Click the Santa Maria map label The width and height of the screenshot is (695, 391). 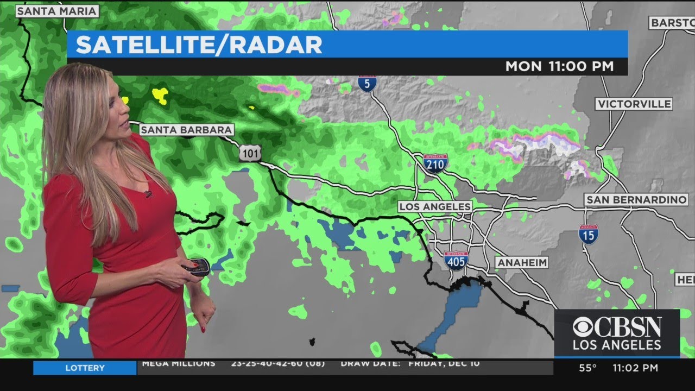tap(57, 10)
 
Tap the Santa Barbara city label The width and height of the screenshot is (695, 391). tap(187, 130)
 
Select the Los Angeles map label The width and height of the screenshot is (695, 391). tap(434, 207)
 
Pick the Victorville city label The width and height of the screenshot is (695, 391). tap(634, 104)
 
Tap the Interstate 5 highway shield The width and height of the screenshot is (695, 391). tap(367, 84)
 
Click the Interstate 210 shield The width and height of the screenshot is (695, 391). tap(435, 163)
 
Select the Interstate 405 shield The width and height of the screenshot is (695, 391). tap(456, 261)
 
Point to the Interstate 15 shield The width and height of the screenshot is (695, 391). tap(589, 234)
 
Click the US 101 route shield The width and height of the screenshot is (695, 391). tap(250, 154)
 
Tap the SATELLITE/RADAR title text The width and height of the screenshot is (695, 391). tap(199, 45)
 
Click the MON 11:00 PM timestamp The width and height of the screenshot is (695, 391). tap(559, 66)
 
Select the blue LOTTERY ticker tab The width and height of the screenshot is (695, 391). tap(85, 368)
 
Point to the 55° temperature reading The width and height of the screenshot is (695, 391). tap(587, 368)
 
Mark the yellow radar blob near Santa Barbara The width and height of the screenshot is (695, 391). tap(160, 95)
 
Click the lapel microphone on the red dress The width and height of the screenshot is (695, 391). tap(148, 193)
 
